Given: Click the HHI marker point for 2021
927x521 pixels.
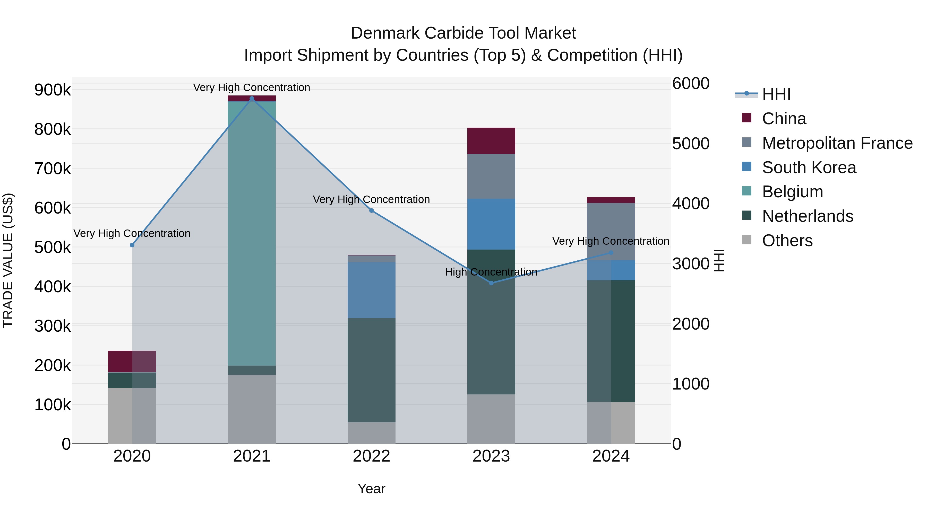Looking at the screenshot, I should click(252, 99).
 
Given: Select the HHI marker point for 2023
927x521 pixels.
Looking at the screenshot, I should click(491, 283).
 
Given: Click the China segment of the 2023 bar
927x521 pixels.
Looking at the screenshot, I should click(491, 140).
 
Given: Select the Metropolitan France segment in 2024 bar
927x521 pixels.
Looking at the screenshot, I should click(611, 231).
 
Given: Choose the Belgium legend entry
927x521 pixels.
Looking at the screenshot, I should click(792, 192).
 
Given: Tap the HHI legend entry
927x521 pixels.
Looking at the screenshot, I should click(776, 94).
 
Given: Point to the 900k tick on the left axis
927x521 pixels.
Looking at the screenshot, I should click(53, 90).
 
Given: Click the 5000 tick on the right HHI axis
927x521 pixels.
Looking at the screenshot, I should click(691, 144).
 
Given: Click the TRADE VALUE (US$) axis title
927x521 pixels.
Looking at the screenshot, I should click(8, 260).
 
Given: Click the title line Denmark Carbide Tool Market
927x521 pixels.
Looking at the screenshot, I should click(463, 33).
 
